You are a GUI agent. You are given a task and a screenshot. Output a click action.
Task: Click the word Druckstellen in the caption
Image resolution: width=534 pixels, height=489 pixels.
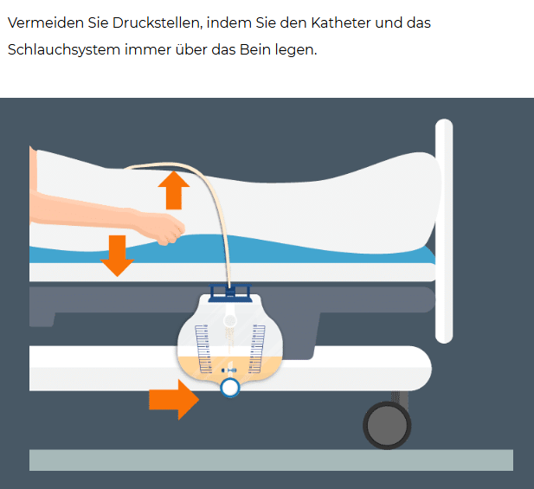(x=157, y=23)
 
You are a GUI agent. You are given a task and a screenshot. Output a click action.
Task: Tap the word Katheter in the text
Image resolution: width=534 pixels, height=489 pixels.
(x=340, y=23)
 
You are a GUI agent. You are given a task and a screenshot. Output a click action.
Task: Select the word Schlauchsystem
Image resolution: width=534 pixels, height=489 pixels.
(x=64, y=49)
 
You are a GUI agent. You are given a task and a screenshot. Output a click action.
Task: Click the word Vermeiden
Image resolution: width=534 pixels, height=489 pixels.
(x=46, y=23)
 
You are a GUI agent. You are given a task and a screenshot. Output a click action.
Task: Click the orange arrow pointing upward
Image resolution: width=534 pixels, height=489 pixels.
(x=174, y=190)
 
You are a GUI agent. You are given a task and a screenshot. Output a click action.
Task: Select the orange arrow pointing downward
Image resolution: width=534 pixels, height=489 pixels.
(x=117, y=255)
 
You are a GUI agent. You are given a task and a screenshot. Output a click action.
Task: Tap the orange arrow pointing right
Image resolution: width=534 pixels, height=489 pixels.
(x=174, y=400)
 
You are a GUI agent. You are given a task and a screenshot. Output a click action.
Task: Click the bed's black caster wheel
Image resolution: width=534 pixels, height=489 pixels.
(x=387, y=425)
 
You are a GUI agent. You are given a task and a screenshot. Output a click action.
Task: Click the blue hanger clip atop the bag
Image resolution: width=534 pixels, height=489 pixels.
(x=230, y=293)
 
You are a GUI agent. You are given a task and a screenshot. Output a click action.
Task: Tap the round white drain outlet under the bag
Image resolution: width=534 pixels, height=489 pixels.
(x=230, y=388)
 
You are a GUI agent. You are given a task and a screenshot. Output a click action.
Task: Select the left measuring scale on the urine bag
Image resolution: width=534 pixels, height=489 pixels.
(x=203, y=349)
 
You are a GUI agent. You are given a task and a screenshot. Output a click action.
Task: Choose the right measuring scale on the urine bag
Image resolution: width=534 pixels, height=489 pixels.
(x=256, y=349)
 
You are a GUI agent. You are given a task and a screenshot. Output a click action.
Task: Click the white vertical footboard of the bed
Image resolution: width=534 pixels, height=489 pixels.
(x=444, y=231)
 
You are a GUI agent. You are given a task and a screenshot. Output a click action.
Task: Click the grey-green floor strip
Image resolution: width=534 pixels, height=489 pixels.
(x=271, y=460)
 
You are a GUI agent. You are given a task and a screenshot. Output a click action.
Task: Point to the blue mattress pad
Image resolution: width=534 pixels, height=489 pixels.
(x=232, y=249)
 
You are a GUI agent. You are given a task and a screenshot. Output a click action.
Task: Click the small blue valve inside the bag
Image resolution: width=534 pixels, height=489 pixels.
(x=228, y=370)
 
